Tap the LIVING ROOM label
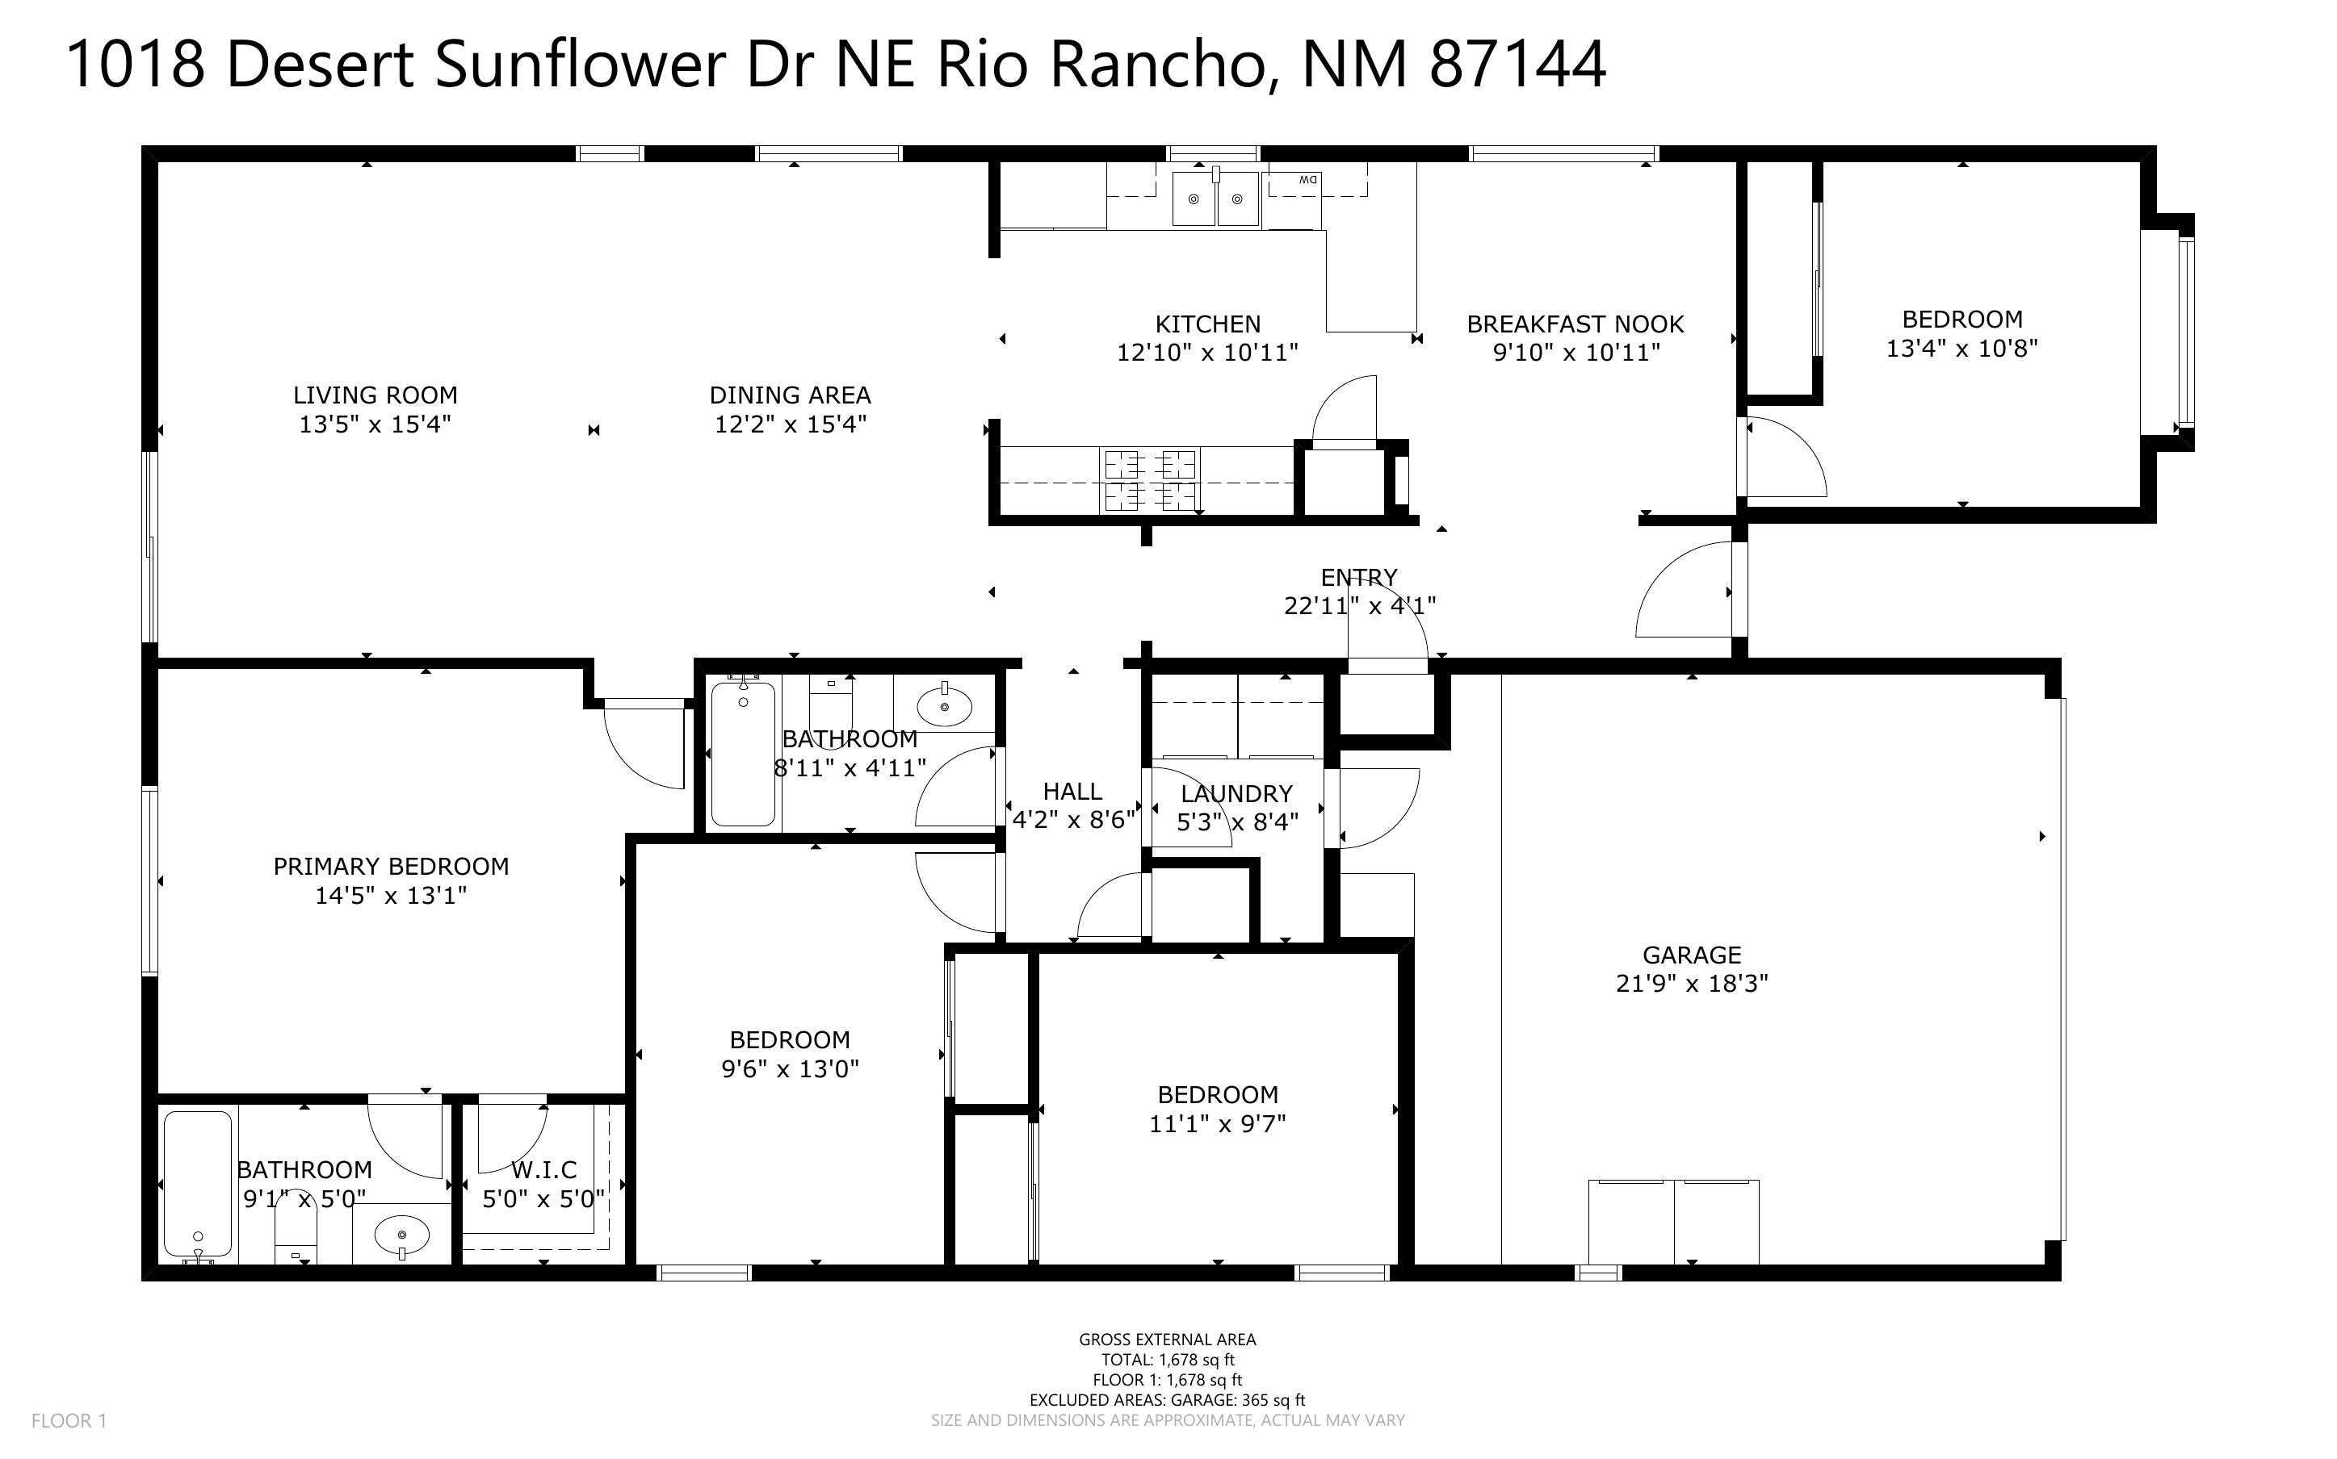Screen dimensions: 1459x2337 375,395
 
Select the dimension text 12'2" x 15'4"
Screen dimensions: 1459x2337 790,424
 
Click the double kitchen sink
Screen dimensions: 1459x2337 1215,199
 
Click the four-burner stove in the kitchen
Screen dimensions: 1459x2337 1150,480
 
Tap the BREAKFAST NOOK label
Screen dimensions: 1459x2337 1575,324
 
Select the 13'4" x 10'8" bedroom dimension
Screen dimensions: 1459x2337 1961,349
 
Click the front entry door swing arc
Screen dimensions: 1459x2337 1685,591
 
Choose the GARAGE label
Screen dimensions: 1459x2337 1691,955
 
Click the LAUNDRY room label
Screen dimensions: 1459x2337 1236,793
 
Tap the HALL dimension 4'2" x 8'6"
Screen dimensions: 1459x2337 1072,819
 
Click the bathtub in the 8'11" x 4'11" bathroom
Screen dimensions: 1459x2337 742,754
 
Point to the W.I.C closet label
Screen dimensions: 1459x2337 543,1169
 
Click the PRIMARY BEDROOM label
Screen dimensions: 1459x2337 390,867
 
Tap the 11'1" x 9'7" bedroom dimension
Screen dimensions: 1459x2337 1216,1123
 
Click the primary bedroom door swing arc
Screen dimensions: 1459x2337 642,748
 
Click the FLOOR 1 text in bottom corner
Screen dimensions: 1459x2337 69,1420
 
